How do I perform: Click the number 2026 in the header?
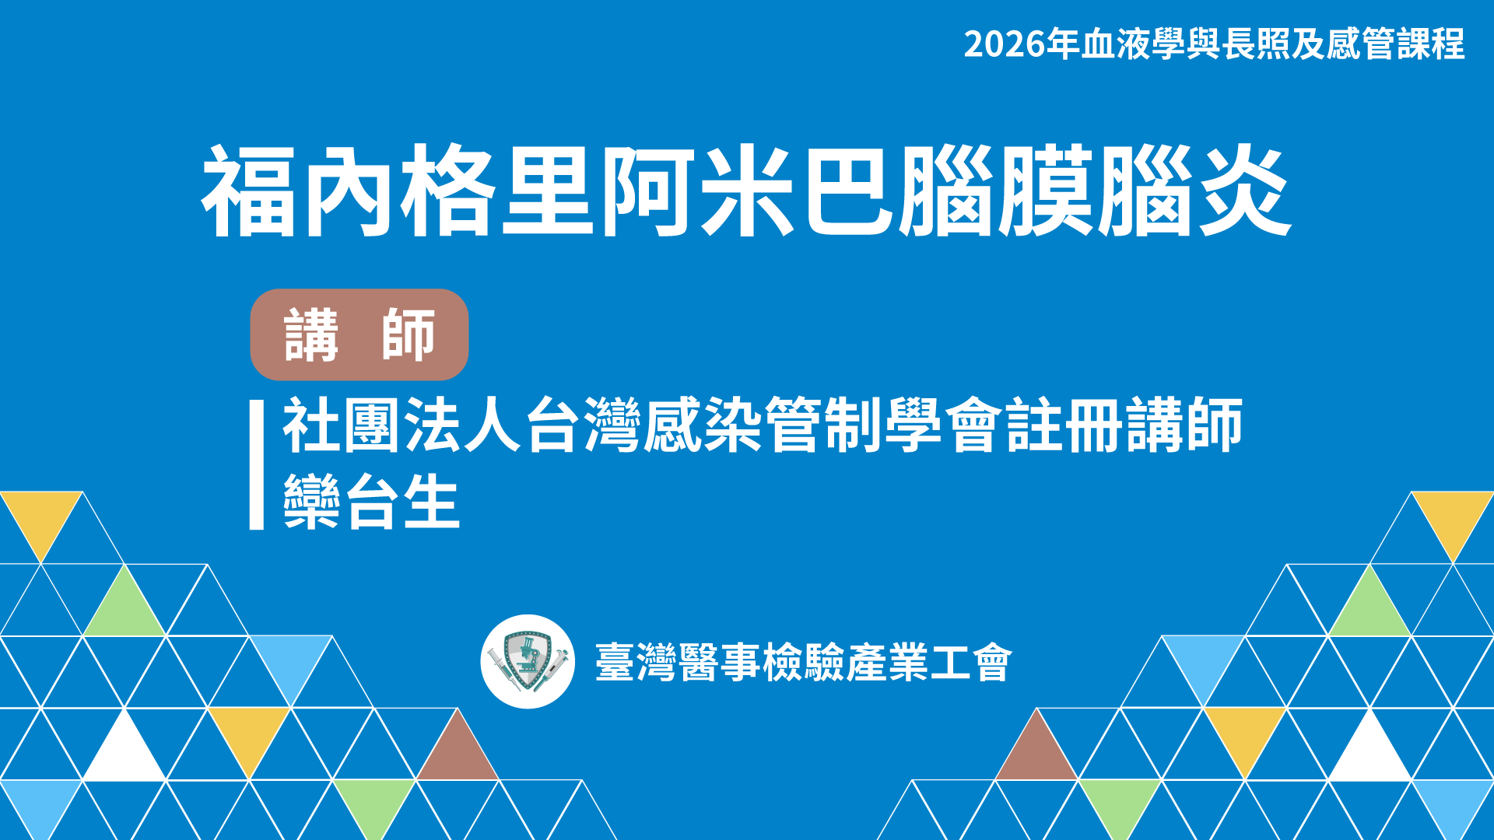[x=1005, y=44]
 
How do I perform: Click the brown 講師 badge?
[x=359, y=334]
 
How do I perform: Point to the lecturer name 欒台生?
[x=372, y=502]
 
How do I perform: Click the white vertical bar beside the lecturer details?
[x=257, y=465]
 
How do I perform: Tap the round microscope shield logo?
[x=528, y=662]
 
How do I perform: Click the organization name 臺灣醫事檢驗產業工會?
[x=804, y=663]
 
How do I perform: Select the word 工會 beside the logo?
[x=971, y=663]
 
